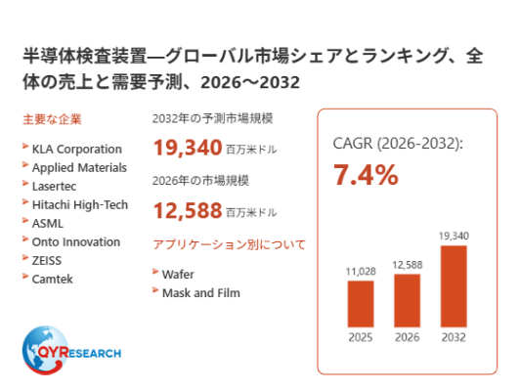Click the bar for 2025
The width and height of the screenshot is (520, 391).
(361, 304)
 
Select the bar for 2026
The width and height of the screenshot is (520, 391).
(407, 300)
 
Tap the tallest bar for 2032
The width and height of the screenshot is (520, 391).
(454, 286)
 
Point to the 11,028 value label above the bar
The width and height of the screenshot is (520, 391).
(361, 272)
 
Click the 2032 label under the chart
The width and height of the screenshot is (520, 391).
(454, 337)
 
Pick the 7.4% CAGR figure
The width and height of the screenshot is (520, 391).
(366, 175)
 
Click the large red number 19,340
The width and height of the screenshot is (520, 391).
(188, 148)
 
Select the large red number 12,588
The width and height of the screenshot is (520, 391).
(188, 210)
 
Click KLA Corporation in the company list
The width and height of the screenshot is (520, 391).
(77, 150)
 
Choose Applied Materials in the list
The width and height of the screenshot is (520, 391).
(79, 168)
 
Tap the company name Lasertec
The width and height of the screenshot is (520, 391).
(54, 187)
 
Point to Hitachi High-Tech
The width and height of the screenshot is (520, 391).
(80, 205)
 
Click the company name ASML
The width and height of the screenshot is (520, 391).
(48, 224)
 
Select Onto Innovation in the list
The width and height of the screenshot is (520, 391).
(76, 242)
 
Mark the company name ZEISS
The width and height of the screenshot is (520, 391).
(47, 261)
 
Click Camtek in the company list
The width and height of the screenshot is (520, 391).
(53, 280)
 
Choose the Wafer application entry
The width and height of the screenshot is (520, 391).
(178, 275)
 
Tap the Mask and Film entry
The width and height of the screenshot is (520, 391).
(201, 293)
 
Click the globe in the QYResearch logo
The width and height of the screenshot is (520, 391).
(45, 350)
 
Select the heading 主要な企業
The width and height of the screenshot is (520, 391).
(52, 119)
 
